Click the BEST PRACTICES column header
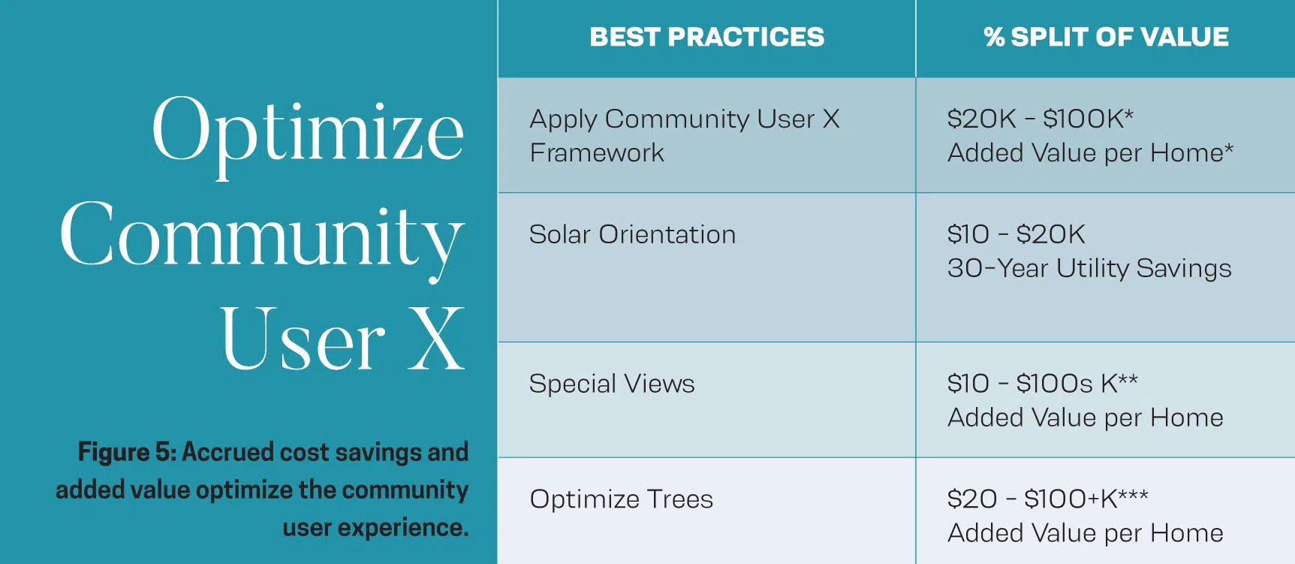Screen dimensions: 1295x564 706,37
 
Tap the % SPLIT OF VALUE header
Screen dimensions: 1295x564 1106,37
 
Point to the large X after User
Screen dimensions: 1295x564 436,339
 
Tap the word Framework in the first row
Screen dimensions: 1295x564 597,153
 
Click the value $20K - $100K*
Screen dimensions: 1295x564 1041,118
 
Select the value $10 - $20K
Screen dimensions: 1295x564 1016,234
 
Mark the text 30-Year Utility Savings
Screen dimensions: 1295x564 1089,268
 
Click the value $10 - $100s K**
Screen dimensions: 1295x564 1043,383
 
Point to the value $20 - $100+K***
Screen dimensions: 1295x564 1048,498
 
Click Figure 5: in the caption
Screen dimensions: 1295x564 127,452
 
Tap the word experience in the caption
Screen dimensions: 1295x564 402,528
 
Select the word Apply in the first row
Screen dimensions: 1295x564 563,119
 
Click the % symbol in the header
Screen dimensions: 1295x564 994,37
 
